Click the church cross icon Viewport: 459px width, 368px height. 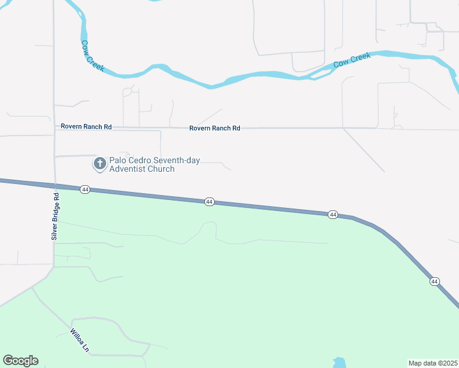pos(99,164)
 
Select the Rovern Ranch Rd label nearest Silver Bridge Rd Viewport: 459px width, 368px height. pos(86,126)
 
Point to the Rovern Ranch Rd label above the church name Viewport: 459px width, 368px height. pos(214,128)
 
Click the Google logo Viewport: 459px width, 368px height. pos(20,361)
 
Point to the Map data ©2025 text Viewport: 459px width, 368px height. pos(433,363)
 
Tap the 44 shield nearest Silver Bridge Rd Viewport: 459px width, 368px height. pos(85,190)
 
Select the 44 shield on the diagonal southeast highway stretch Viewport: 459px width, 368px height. pos(434,281)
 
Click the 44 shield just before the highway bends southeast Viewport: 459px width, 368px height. pos(333,215)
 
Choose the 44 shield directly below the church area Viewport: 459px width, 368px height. pos(209,202)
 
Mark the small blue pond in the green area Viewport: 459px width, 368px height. pos(339,362)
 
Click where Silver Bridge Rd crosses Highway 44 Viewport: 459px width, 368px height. pos(55,186)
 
